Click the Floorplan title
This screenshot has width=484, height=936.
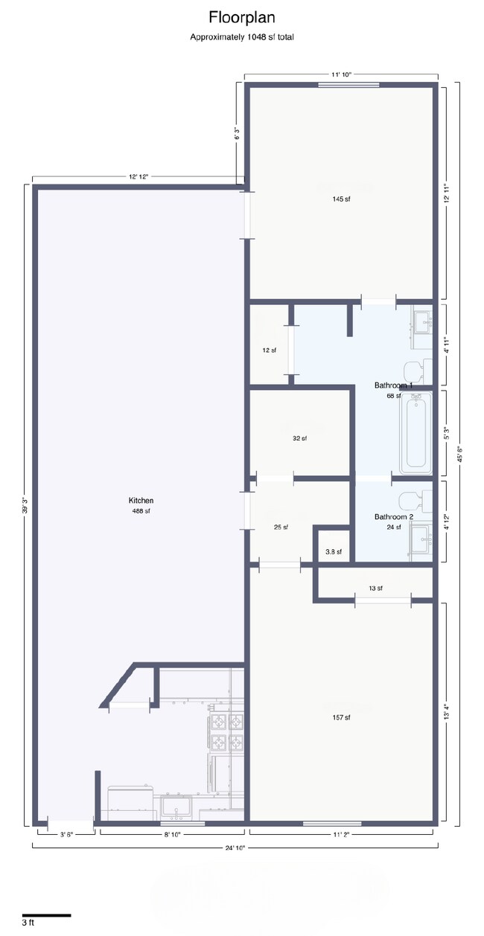(241, 17)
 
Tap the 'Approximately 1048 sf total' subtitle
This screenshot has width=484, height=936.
(241, 36)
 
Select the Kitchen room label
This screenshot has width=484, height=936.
(141, 501)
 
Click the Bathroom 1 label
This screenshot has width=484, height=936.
(393, 385)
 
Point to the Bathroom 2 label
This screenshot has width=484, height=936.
(393, 517)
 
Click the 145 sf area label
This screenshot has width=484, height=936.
(342, 199)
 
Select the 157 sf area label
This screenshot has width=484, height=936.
(342, 717)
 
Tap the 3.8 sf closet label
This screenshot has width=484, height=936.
(334, 552)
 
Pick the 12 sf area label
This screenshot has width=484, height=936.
(269, 350)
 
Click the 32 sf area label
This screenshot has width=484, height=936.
(299, 439)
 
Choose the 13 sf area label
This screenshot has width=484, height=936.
(375, 589)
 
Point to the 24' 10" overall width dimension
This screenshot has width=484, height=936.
(235, 847)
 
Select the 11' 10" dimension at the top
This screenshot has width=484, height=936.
(341, 74)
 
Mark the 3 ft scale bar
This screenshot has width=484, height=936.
(46, 915)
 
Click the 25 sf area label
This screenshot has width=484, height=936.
(281, 528)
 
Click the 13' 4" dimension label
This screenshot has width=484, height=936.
(446, 713)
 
